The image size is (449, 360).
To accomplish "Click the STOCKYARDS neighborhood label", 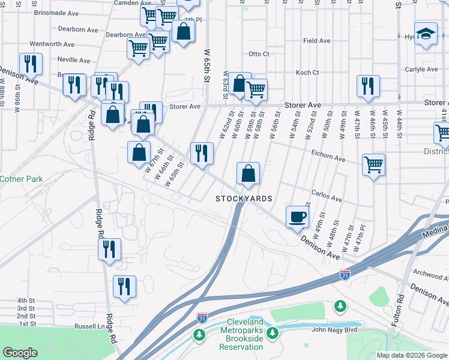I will click(x=244, y=199).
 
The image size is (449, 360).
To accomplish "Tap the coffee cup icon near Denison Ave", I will click(x=297, y=216).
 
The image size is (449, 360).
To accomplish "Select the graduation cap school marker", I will click(x=426, y=34).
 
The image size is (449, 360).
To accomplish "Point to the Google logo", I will click(x=20, y=353).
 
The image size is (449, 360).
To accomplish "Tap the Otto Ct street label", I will click(x=259, y=54).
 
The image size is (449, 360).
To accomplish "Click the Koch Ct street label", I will click(x=307, y=73).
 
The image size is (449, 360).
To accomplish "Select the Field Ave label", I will click(x=316, y=41).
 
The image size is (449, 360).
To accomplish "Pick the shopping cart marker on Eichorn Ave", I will click(x=373, y=163).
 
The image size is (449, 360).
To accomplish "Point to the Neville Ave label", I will click(x=74, y=60).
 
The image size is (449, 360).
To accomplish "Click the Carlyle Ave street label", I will click(x=421, y=70).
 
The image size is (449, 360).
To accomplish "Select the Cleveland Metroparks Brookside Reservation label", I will click(x=241, y=338).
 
